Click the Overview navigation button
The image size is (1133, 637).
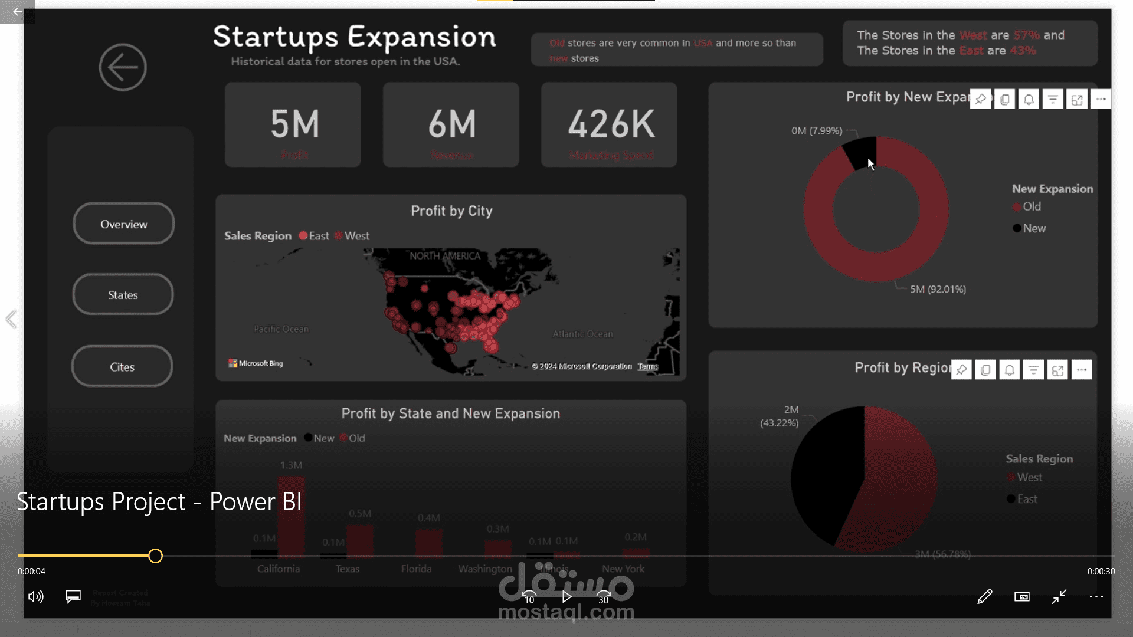tap(123, 224)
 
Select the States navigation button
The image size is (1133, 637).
tap(123, 295)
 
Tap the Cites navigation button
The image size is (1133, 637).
tap(122, 367)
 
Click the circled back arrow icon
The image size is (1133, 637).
tap(123, 67)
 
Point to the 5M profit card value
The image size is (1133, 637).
tap(294, 124)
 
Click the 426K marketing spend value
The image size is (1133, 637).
tap(611, 124)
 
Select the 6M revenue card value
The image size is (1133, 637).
tap(451, 124)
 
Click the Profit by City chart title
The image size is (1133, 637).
tap(451, 211)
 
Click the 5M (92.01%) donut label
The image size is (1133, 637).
tap(938, 290)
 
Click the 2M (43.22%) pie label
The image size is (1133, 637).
tap(780, 416)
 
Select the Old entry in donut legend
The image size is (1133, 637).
tap(1032, 207)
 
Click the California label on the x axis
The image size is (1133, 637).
tap(279, 569)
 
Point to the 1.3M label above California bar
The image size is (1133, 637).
tap(291, 465)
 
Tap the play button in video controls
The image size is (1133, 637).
tap(566, 597)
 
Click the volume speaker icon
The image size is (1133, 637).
tap(36, 597)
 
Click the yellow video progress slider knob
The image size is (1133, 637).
tap(155, 556)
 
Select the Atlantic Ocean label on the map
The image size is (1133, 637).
tap(582, 334)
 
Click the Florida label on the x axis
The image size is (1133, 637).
tap(416, 569)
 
